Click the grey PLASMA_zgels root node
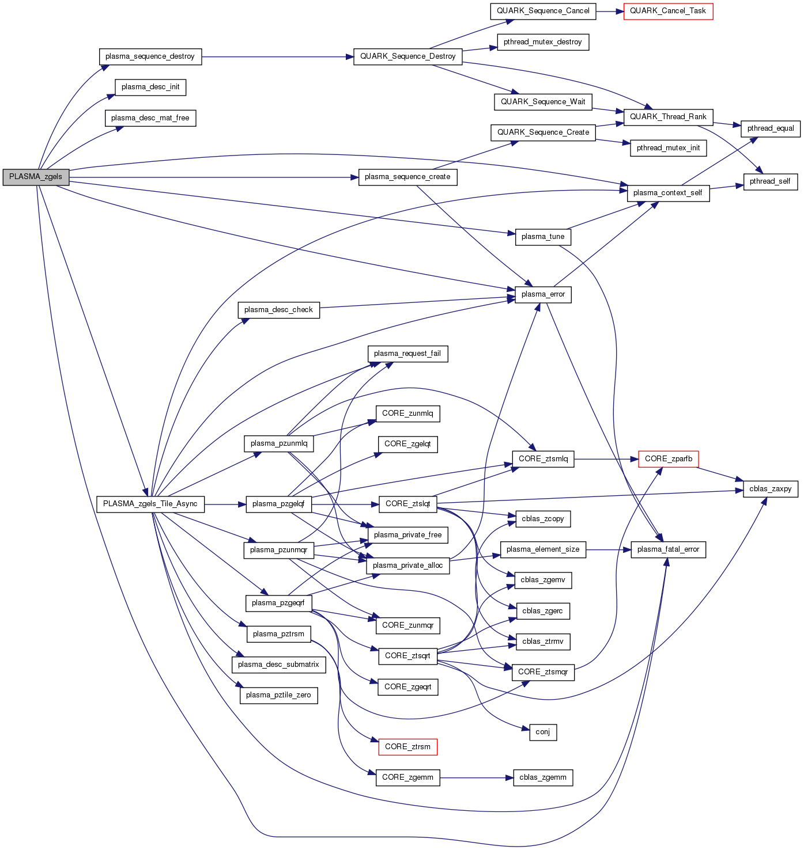tap(36, 177)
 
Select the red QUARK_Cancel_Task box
tap(668, 11)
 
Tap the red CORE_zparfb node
tap(669, 459)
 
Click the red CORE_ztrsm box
tap(407, 747)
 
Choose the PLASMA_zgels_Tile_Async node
tap(150, 504)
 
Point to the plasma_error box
tap(543, 294)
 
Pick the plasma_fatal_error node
tap(668, 549)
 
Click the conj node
tap(543, 733)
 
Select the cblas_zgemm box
tap(543, 777)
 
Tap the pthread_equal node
tap(771, 128)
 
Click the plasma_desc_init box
tap(150, 87)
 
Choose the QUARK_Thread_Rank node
tap(668, 117)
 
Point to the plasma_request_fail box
tap(407, 354)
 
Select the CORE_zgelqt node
tap(407, 444)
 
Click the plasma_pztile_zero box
tap(278, 695)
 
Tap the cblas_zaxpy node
tap(771, 489)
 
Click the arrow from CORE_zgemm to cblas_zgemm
tap(476, 777)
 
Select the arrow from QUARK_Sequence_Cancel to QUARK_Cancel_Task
tap(609, 11)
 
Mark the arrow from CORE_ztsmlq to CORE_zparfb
tap(606, 459)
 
